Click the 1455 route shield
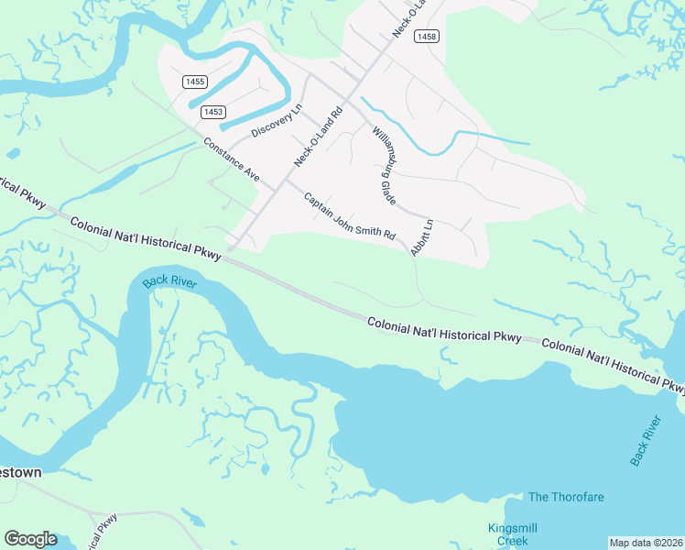[194, 82]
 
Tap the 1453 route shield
[212, 112]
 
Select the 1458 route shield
[426, 36]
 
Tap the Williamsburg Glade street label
[385, 166]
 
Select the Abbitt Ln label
[422, 236]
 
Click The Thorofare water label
[566, 497]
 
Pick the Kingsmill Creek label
[512, 534]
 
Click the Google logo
[30, 539]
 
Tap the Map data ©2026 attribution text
[646, 543]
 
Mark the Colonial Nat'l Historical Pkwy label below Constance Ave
[145, 236]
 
